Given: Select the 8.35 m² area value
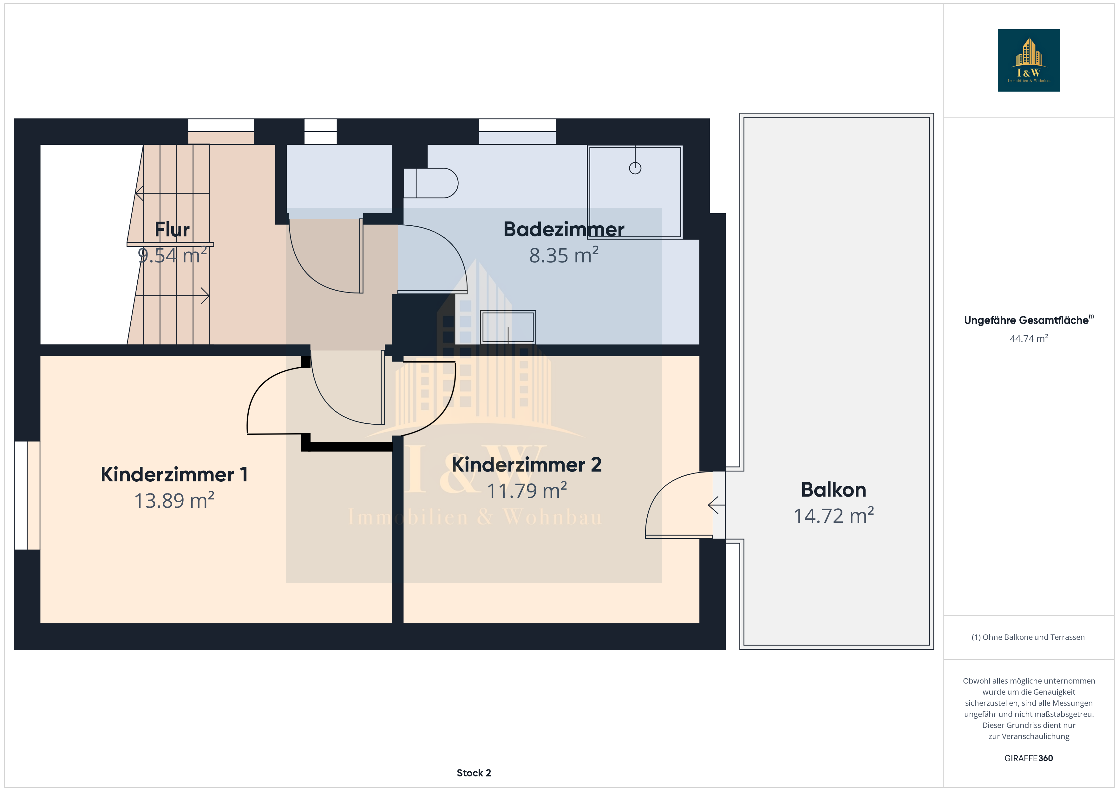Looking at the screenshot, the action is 564,255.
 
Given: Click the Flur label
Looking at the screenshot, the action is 172,229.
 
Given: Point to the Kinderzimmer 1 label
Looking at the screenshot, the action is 174,474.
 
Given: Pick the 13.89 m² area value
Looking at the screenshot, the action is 174,500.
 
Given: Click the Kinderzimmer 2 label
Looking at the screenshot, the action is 527,465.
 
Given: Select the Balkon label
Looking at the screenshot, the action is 834,490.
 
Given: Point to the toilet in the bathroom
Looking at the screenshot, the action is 431,183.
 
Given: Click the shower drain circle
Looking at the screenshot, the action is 635,168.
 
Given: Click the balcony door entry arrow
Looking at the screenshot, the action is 717,505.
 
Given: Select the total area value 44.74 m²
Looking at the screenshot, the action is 1029,338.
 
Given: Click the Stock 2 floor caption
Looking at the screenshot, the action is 474,773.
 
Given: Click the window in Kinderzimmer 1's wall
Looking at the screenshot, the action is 27,495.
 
